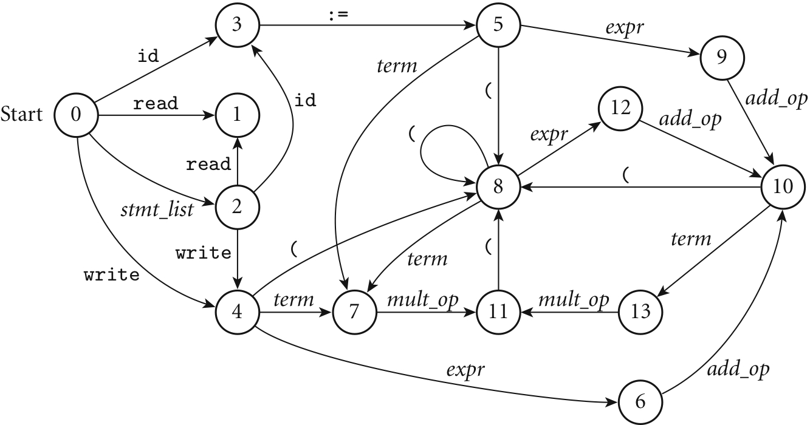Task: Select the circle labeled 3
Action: click(x=237, y=26)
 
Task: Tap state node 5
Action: click(x=498, y=26)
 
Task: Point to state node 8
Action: click(x=498, y=186)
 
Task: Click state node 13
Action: click(x=641, y=312)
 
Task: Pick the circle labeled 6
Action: click(x=641, y=402)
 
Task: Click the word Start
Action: click(x=22, y=114)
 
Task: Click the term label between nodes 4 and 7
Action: click(x=293, y=299)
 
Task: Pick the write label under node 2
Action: click(x=204, y=253)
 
